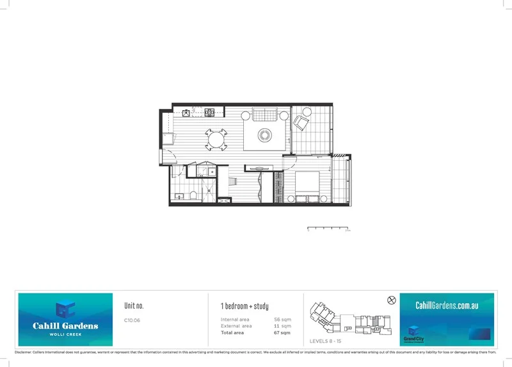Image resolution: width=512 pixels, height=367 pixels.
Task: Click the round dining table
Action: [x=216, y=138]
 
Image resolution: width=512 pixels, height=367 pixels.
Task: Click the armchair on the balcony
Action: [x=301, y=122]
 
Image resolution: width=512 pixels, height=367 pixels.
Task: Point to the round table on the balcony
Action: [x=307, y=113]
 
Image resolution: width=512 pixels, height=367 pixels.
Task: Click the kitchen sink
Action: [x=186, y=113]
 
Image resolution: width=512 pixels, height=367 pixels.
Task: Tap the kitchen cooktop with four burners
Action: [x=209, y=113]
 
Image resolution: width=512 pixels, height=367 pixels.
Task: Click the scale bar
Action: [x=328, y=228]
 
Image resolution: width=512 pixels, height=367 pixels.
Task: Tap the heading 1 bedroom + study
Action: [x=244, y=306]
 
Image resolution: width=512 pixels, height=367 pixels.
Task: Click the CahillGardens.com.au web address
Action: [x=447, y=306]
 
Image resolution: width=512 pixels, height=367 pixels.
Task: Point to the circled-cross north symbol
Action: [x=392, y=300]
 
